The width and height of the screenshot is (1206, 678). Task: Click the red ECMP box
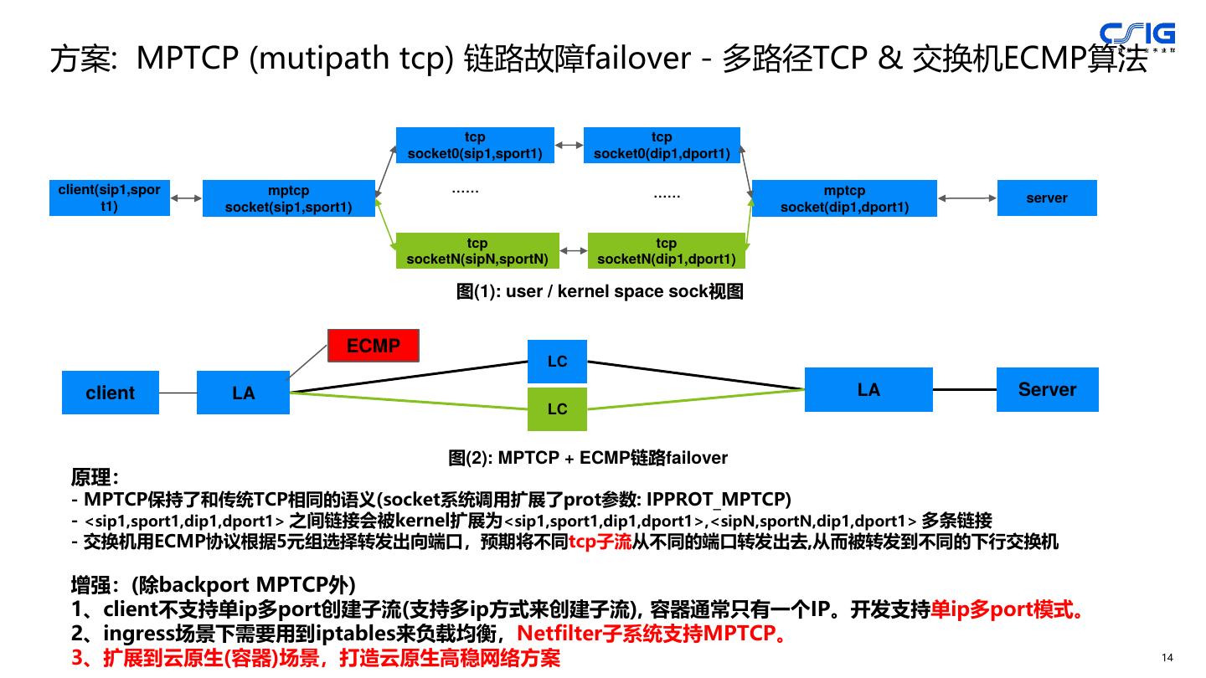coord(373,346)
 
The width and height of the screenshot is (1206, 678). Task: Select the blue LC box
coord(557,362)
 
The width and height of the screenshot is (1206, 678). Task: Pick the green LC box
coord(557,409)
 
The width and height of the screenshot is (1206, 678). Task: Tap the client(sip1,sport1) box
coord(110,198)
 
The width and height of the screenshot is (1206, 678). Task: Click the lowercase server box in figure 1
coord(1046,198)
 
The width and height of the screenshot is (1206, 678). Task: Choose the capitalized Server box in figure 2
coord(1047,390)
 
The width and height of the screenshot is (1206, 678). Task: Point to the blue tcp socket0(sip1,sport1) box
coord(475,146)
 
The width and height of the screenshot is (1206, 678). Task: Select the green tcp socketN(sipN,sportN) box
coord(477,251)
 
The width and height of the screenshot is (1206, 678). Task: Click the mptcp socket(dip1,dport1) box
coord(844,198)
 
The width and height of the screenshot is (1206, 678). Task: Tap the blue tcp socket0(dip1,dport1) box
coord(662,146)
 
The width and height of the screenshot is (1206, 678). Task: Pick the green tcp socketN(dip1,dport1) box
coord(666,251)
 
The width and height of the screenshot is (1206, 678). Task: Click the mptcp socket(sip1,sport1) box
coord(288,198)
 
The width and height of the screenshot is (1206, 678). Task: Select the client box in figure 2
coord(111,393)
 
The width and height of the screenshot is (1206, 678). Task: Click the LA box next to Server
coord(868,390)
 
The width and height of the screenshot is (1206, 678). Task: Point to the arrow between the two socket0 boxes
coord(569,146)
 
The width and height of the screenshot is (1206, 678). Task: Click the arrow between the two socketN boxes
coord(574,250)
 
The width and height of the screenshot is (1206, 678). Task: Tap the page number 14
coord(1167,658)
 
